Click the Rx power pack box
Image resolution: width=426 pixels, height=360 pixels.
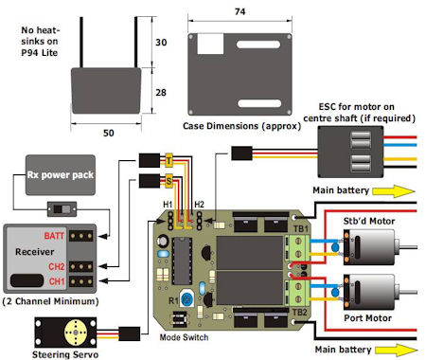point(61,175)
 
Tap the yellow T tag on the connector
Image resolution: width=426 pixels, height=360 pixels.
point(169,160)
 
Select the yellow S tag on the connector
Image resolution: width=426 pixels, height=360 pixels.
point(169,181)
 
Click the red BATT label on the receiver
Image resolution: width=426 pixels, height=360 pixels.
point(54,236)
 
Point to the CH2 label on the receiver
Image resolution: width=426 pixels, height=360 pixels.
point(57,266)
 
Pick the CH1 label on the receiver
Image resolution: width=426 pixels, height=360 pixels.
point(57,281)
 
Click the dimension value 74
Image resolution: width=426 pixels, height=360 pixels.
point(240,11)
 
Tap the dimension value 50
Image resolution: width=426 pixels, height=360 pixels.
point(109,133)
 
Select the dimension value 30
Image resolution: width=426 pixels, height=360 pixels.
point(161,43)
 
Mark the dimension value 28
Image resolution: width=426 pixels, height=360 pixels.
point(161,93)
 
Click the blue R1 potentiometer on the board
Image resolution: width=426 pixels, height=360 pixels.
point(187,298)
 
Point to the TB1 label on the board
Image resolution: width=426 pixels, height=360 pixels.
point(301,228)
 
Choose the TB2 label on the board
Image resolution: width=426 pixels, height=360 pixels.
point(299,313)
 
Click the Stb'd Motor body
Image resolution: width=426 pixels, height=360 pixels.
point(369,247)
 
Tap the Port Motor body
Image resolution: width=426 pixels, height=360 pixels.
point(369,292)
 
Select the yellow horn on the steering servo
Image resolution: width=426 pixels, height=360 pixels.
point(76,333)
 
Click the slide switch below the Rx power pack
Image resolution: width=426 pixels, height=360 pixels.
point(62,209)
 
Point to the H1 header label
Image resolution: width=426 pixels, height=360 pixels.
point(168,205)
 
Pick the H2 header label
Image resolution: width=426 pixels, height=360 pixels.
point(199,205)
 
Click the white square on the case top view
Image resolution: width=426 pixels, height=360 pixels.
point(210,44)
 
